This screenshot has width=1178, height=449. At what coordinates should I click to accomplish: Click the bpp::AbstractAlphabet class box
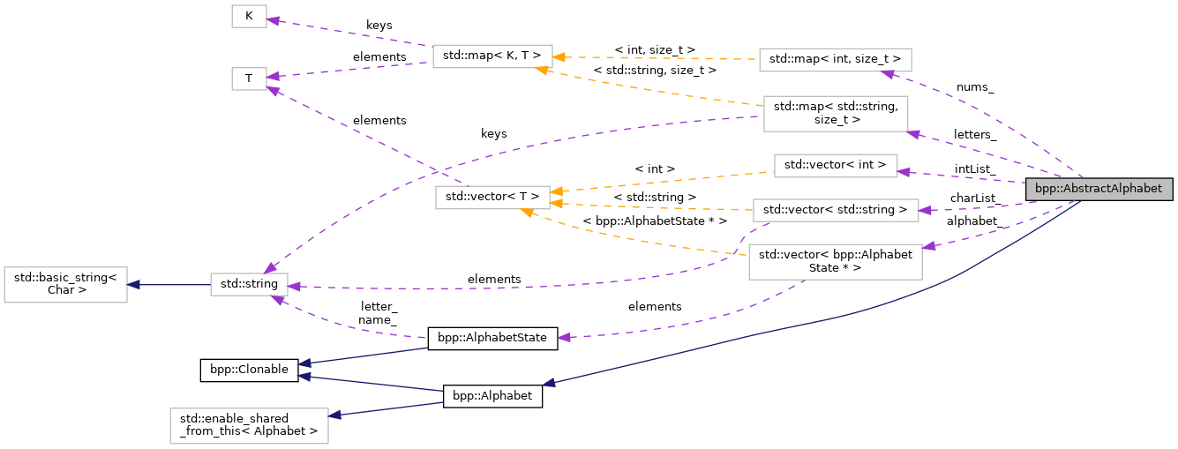(1099, 189)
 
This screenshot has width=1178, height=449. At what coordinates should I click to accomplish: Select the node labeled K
(249, 16)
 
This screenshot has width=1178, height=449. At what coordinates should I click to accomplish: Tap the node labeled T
(249, 79)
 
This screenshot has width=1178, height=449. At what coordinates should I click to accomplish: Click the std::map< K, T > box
(491, 56)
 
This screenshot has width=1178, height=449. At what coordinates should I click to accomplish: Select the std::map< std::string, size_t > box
(835, 114)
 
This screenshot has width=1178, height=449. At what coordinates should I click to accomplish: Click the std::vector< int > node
(835, 165)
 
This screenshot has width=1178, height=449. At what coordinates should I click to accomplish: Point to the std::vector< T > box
(491, 198)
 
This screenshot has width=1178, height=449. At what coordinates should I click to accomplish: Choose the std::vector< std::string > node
(835, 210)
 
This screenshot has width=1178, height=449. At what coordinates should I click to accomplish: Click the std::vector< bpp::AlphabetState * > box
(835, 261)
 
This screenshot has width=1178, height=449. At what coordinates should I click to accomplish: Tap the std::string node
(249, 284)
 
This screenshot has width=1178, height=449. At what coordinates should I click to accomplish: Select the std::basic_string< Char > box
(65, 283)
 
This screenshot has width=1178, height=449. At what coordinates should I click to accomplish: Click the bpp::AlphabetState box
(491, 338)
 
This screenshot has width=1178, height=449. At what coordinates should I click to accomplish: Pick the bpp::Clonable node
(249, 370)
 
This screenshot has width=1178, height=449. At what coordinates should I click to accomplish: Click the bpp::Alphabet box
(491, 396)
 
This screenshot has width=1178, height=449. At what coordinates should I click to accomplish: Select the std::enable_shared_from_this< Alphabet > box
(249, 424)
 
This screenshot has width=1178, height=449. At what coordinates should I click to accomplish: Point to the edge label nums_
(975, 87)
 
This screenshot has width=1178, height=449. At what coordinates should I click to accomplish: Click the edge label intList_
(975, 168)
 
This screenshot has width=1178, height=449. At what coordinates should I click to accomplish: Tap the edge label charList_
(975, 198)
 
